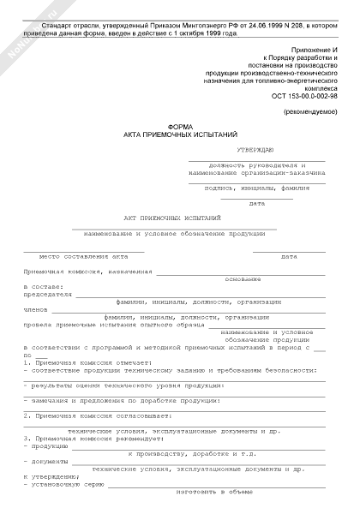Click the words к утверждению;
coord(52,477)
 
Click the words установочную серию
coord(63,485)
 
